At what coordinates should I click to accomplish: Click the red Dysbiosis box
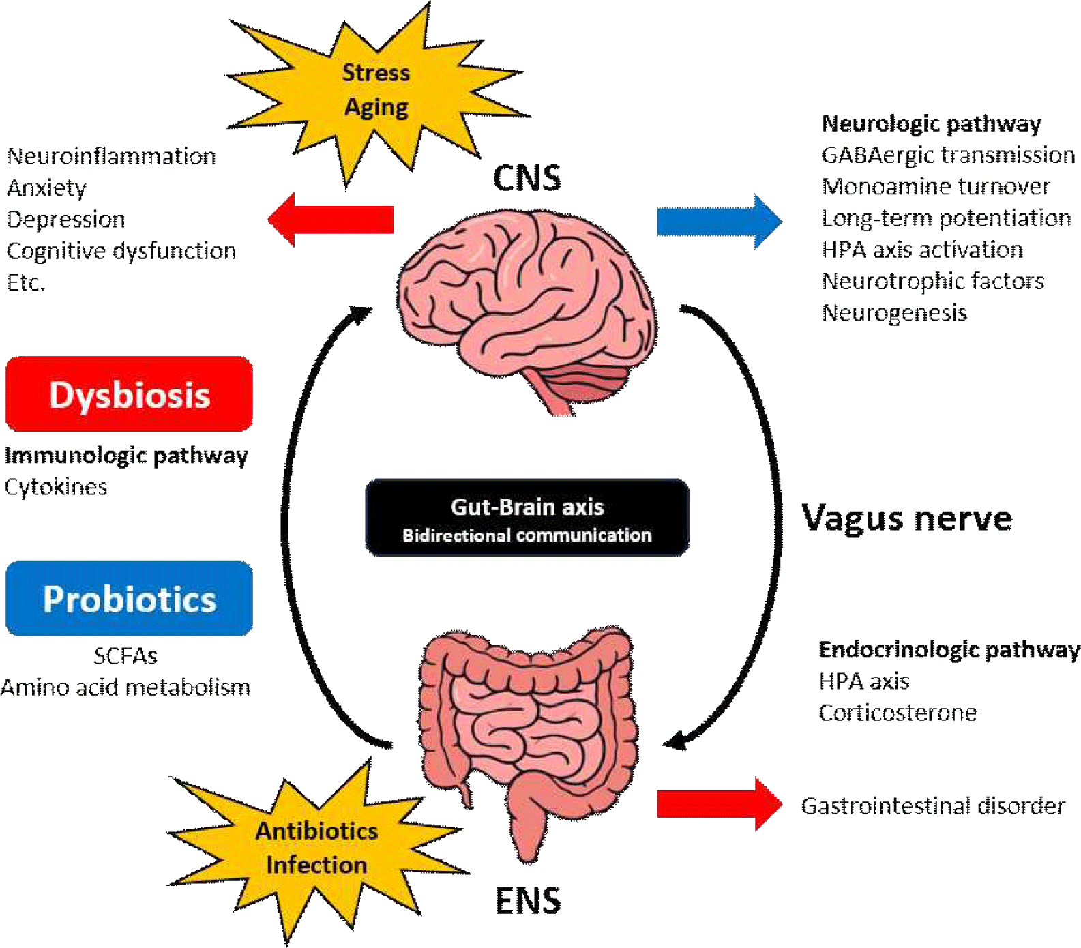[x=129, y=394]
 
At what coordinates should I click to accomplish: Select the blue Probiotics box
[x=129, y=598]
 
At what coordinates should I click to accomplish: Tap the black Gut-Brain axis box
[x=527, y=518]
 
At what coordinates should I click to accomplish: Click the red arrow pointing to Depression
[x=331, y=220]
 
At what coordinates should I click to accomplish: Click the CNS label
[x=527, y=179]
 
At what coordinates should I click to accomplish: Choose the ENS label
[x=528, y=901]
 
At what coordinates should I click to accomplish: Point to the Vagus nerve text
[x=906, y=518]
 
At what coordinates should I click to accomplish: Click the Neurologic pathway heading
[x=931, y=123]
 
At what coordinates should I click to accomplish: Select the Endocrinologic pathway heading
[x=949, y=649]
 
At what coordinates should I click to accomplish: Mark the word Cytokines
[x=56, y=487]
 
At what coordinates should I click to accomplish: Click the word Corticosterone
[x=898, y=713]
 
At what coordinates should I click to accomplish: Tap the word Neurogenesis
[x=894, y=312]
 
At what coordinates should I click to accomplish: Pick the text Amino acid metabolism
[x=125, y=687]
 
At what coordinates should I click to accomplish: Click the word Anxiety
[x=46, y=188]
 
